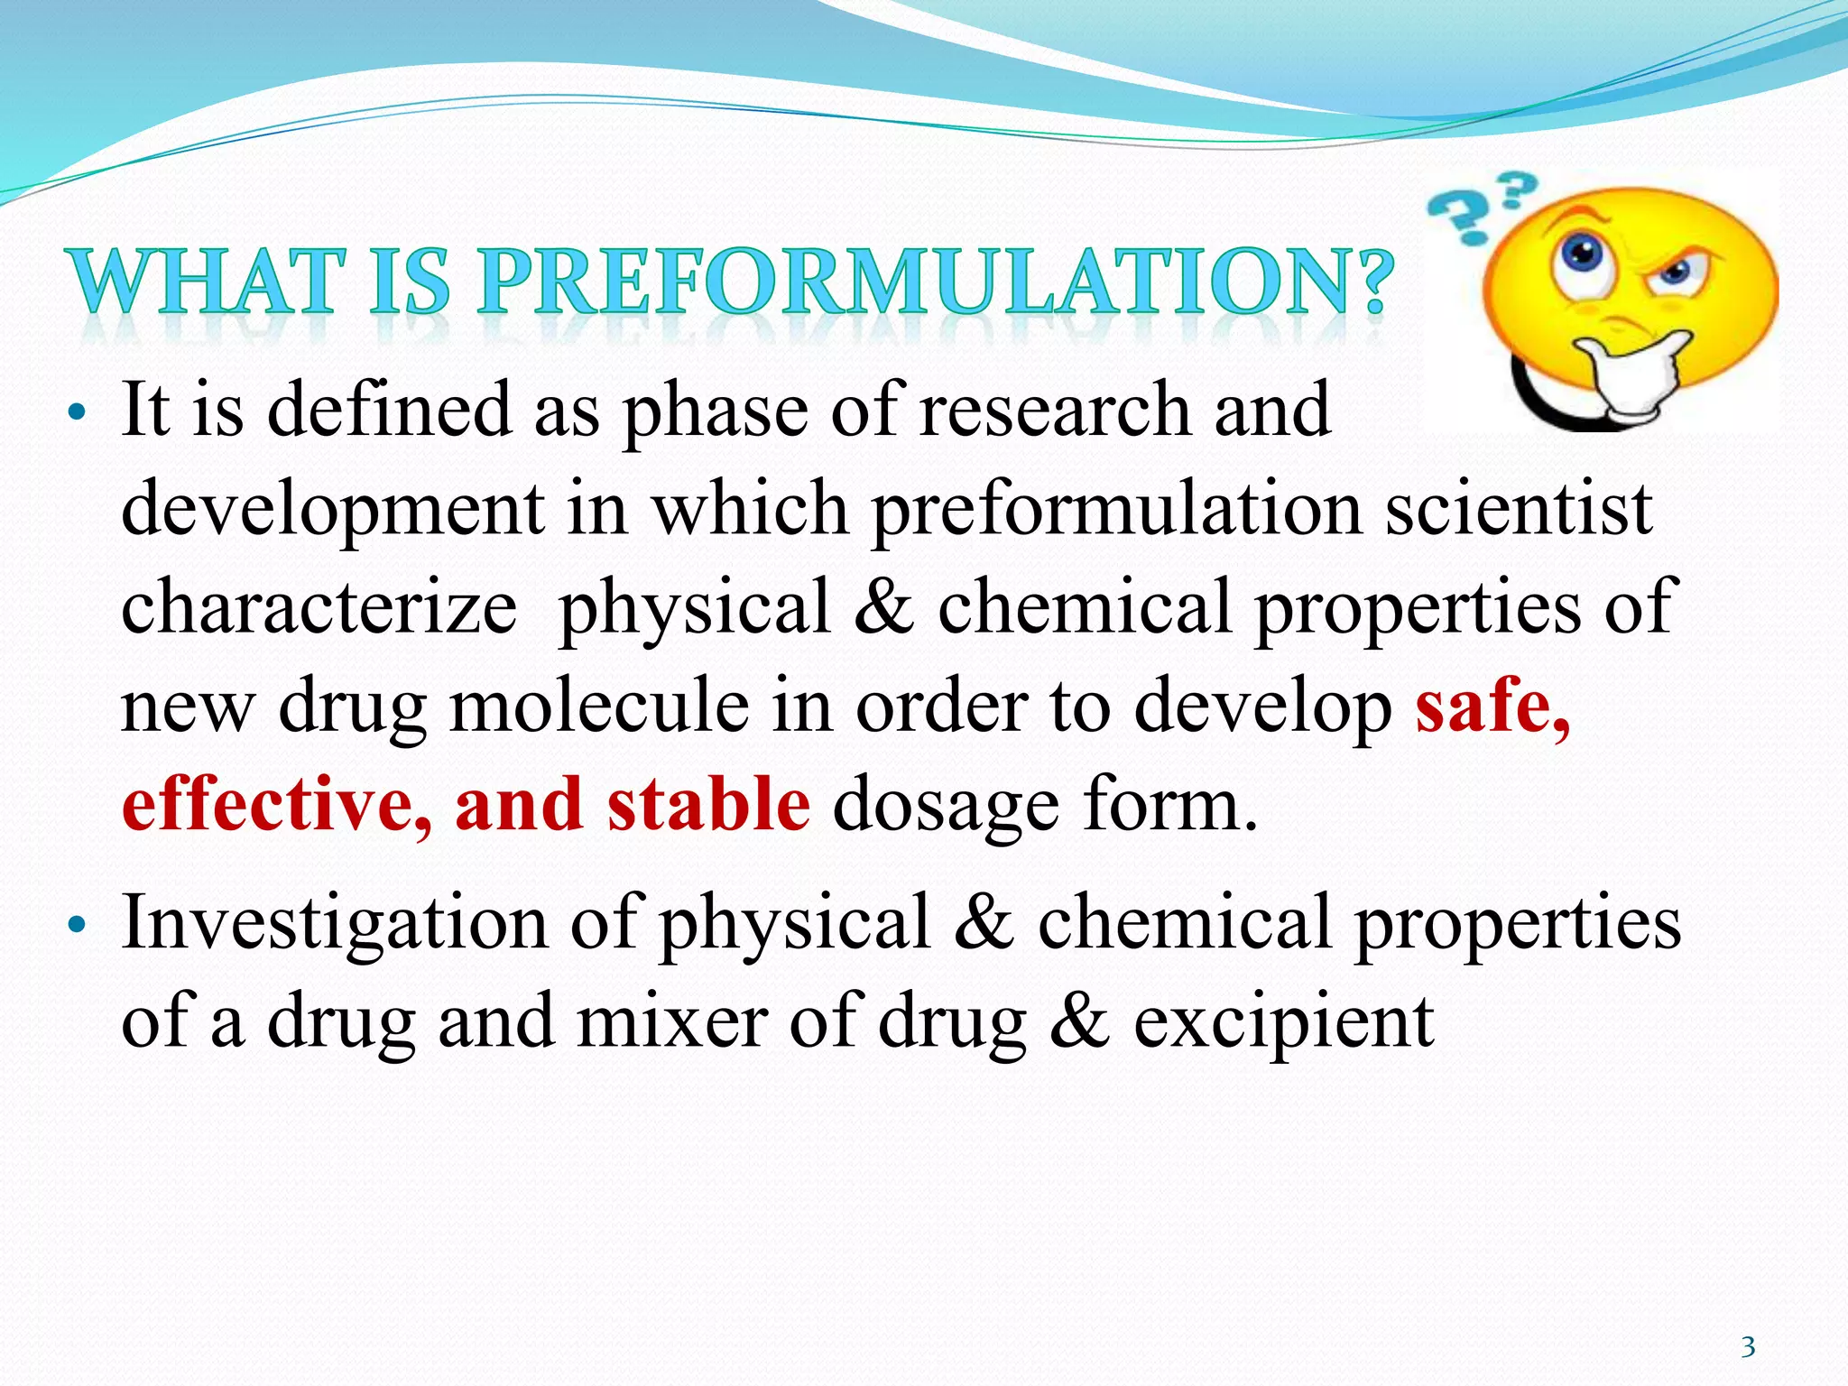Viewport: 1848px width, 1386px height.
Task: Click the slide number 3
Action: tap(1748, 1347)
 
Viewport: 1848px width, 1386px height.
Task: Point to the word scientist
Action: tap(1518, 508)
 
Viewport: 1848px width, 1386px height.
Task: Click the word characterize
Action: tap(319, 606)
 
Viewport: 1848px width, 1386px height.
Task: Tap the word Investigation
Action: tap(334, 922)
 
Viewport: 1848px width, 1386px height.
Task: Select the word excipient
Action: tap(1283, 1022)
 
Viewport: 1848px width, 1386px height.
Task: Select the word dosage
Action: tap(945, 806)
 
